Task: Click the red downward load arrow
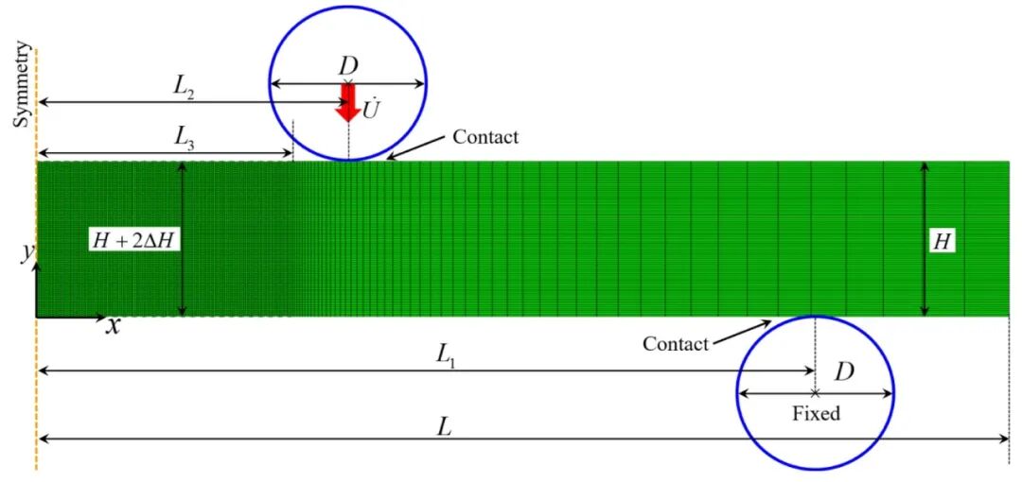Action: tap(348, 102)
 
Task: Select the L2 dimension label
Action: tap(184, 88)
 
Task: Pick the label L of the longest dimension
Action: tap(445, 427)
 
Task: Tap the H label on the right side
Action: tap(942, 242)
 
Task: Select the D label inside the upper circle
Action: tap(348, 66)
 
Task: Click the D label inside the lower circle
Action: tap(845, 372)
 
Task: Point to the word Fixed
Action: tap(816, 413)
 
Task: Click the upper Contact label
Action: tap(485, 137)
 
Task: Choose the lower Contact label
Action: tap(676, 345)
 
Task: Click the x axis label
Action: tap(114, 326)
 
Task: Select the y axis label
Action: tap(27, 254)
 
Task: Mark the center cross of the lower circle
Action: tap(815, 393)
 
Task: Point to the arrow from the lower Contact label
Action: tap(741, 332)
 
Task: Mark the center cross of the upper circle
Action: tap(348, 83)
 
